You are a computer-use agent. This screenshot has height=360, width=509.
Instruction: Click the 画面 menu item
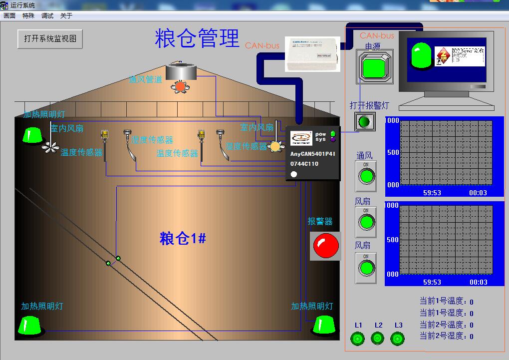click(9, 16)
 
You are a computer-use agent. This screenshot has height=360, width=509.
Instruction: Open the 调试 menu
click(47, 16)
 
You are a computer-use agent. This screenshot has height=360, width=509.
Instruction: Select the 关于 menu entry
click(66, 16)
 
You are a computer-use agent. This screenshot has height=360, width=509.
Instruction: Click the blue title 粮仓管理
click(197, 38)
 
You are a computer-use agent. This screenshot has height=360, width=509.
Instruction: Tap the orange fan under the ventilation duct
click(180, 86)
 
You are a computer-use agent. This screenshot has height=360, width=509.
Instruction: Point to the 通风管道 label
click(145, 79)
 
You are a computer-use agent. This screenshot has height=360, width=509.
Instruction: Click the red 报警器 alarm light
click(325, 245)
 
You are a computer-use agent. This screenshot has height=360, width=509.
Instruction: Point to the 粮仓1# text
click(183, 239)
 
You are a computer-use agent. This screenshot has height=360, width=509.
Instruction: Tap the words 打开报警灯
click(369, 105)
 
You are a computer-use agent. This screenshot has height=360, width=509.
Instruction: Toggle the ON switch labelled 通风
click(366, 176)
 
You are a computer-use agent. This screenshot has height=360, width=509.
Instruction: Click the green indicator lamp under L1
click(358, 339)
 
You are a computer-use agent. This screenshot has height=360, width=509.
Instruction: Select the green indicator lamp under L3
click(398, 339)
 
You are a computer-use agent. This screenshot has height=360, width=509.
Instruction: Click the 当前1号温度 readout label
click(443, 301)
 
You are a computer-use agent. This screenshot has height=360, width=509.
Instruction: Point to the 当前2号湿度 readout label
click(443, 336)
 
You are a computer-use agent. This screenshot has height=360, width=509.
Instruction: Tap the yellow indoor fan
click(275, 146)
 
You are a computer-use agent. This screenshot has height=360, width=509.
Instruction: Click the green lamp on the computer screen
click(422, 55)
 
